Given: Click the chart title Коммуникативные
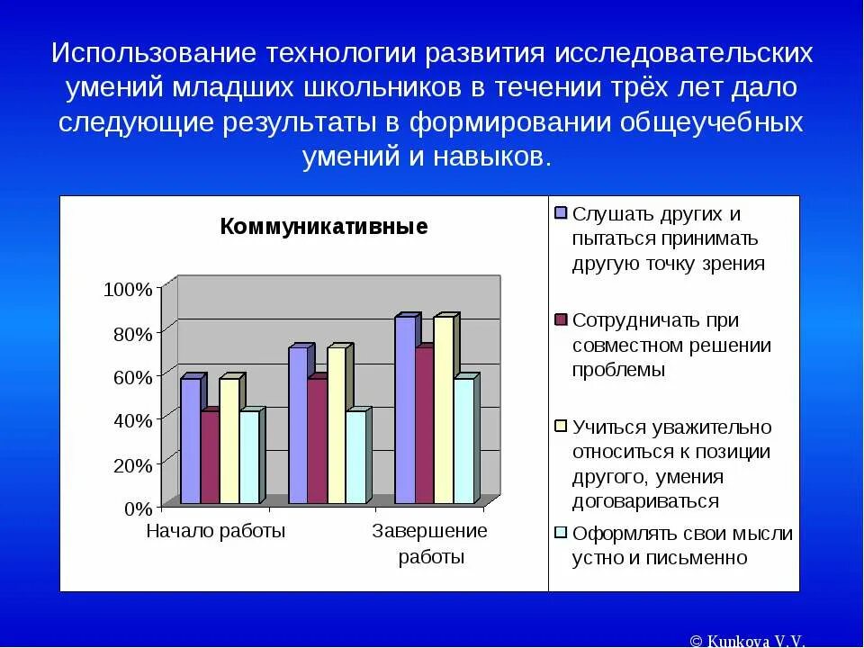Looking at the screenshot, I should pos(323,227).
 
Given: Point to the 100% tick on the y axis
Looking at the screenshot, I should pos(129,290).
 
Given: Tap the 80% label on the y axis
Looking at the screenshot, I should pos(132,334).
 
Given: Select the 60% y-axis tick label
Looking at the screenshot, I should pos(132,377).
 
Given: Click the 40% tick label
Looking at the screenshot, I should pos(132,420).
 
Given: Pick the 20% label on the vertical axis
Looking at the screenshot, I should pos(132,464).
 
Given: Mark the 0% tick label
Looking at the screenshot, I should pos(138,508).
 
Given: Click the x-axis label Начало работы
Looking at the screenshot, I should pos(215,531).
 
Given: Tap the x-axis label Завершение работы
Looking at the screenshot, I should pos(430,544).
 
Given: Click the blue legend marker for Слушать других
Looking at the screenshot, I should pos(561,213).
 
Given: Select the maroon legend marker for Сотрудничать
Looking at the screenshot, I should pos(561,319).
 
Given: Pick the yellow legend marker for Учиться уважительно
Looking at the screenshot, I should pos(561,427).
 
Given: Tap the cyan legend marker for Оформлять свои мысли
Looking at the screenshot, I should pos(561,533).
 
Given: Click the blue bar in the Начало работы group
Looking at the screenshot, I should pos(190,440).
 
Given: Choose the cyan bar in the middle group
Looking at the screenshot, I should pos(355,456).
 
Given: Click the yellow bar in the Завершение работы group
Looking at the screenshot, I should pos(443,409).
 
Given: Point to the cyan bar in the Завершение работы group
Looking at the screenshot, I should pos(463,440).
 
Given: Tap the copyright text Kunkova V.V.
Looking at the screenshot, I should pos(748,640).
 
